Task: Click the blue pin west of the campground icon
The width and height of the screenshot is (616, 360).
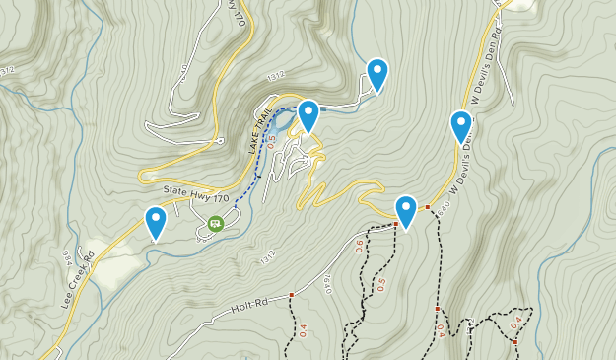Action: point(155,222)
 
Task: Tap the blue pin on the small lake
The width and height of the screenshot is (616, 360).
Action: point(308,116)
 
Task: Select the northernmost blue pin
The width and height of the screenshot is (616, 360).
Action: point(376,75)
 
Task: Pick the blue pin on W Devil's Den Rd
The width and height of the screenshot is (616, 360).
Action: point(461,126)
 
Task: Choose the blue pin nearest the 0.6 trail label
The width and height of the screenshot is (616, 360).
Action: point(406,211)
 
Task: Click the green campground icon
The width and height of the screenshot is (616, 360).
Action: point(215,224)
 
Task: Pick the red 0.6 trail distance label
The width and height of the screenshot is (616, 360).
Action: point(360,245)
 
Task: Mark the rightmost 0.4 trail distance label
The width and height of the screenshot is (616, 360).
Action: point(515,323)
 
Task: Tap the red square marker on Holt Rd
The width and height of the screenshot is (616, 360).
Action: point(292,295)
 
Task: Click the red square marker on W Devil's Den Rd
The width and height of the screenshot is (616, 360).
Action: point(428,207)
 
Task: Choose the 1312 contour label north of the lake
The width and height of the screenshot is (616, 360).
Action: point(277,77)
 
